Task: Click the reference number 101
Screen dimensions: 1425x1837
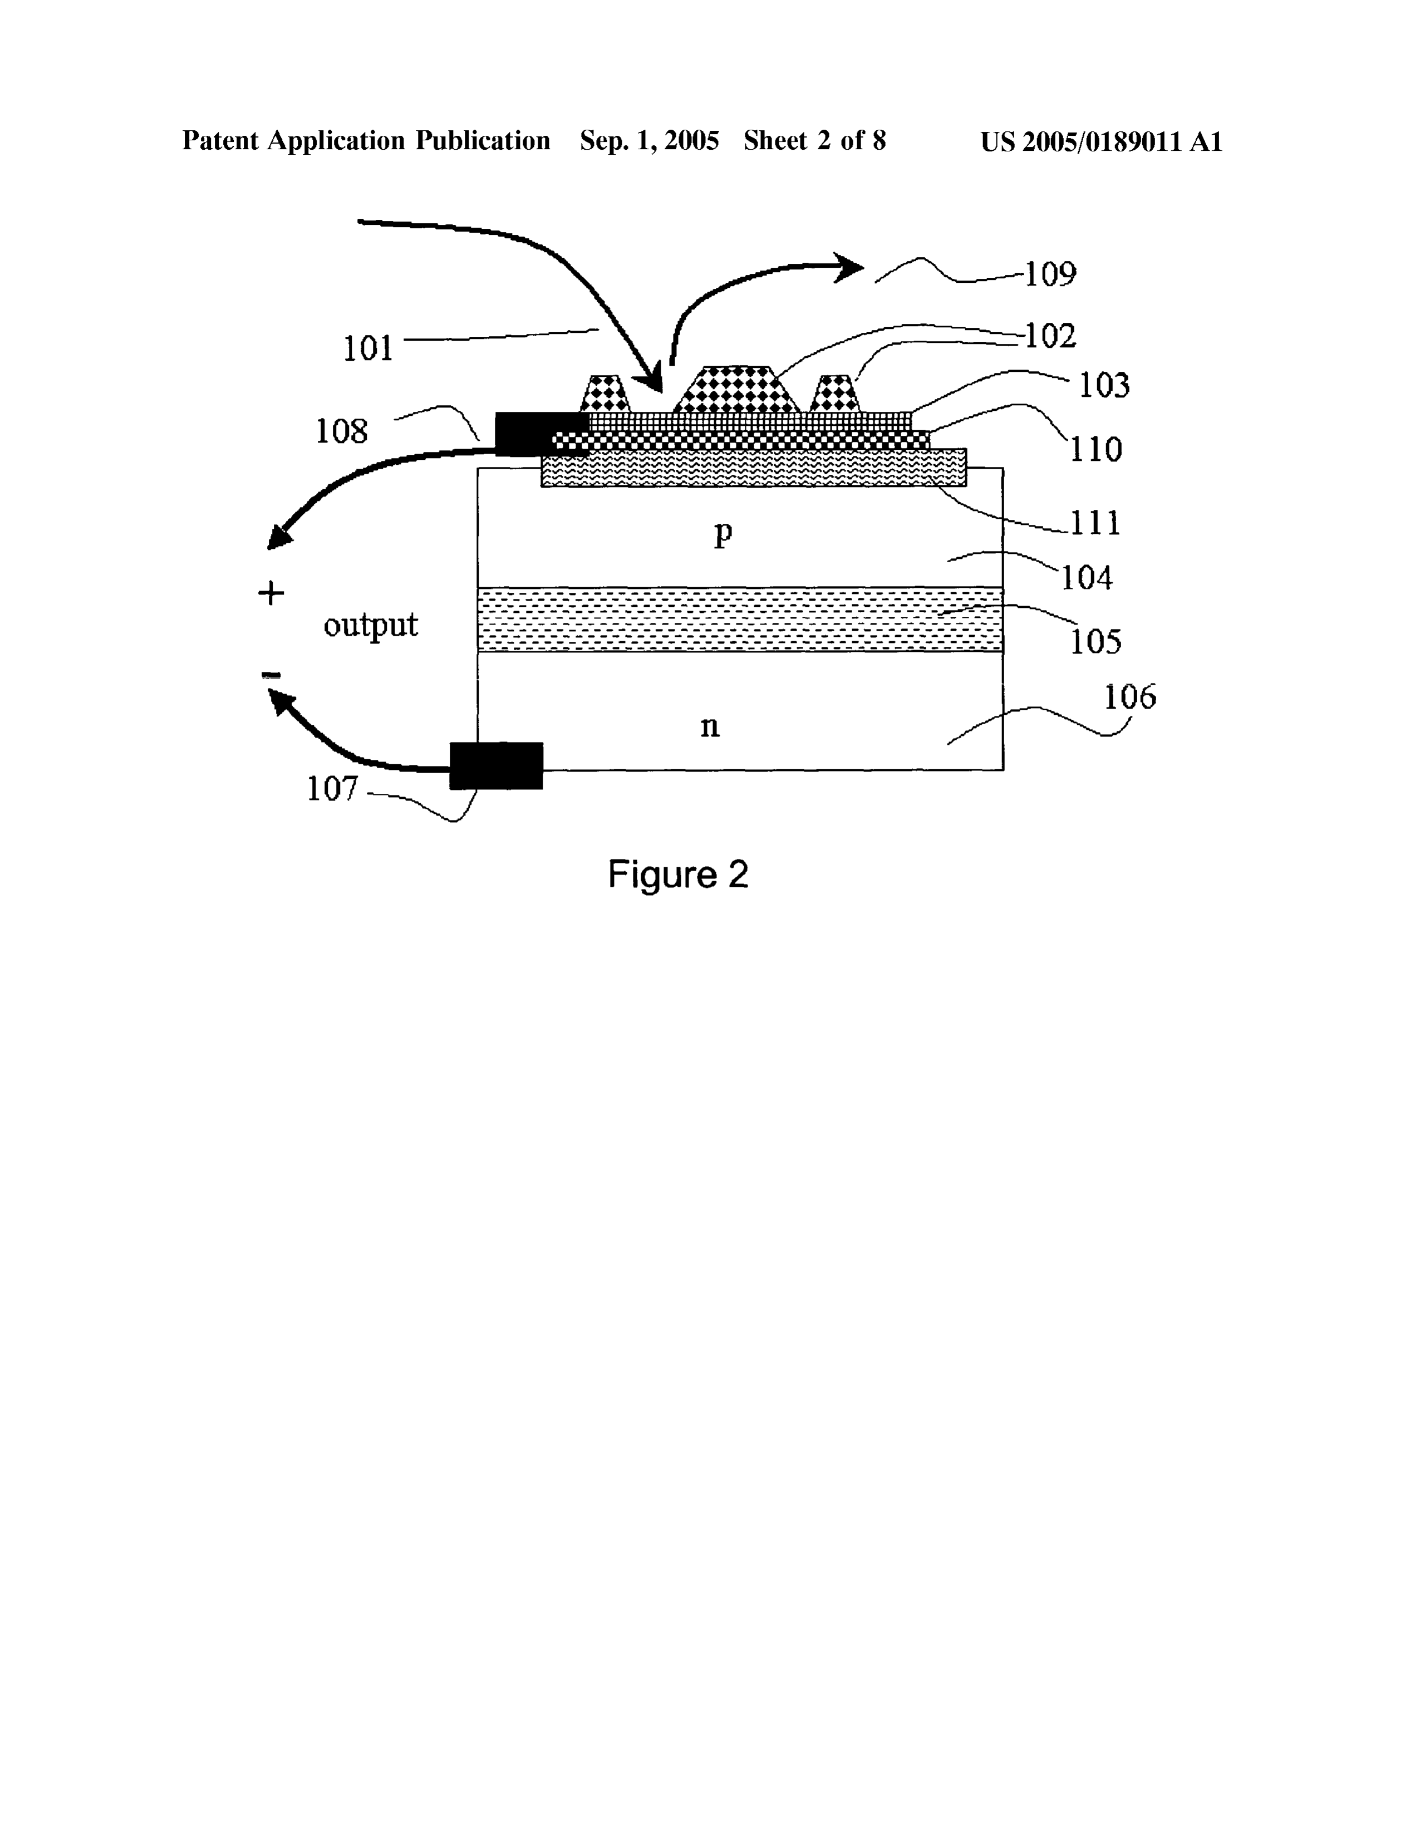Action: (x=368, y=347)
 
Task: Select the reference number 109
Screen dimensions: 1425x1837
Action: (x=1051, y=274)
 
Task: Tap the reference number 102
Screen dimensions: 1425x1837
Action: (x=1051, y=336)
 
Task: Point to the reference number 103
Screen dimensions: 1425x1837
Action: (x=1104, y=385)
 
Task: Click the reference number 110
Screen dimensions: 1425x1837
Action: (x=1096, y=449)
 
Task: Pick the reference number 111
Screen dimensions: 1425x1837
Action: (x=1095, y=523)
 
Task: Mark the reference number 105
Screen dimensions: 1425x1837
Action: (x=1096, y=642)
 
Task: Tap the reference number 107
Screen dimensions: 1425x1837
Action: (x=332, y=789)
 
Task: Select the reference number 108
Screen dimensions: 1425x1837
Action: (x=342, y=431)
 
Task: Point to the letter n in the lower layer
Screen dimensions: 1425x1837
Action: (x=710, y=726)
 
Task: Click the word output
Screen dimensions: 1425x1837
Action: (x=371, y=626)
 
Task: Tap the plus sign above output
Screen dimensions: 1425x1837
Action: (x=271, y=594)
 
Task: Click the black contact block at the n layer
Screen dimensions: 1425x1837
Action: (x=497, y=765)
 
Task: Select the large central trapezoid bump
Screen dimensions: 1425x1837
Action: (x=736, y=390)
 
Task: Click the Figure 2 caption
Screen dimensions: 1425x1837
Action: (x=678, y=875)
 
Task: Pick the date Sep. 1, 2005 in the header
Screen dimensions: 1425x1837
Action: (x=650, y=140)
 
